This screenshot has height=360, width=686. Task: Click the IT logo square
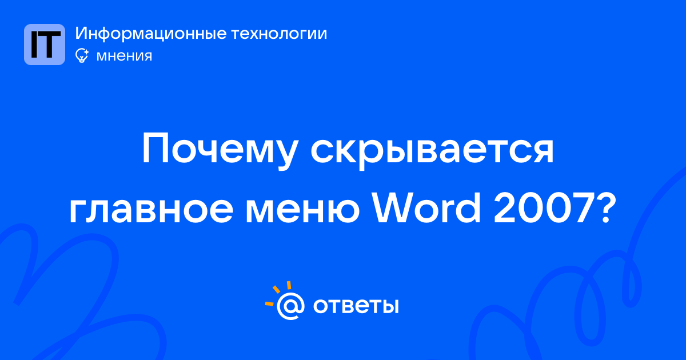tap(45, 45)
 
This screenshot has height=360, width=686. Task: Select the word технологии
tap(280, 34)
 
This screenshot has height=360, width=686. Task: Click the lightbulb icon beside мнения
tap(82, 55)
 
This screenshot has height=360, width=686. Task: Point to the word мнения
tap(124, 56)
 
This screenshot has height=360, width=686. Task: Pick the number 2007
tap(544, 208)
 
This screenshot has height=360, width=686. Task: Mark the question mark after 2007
tap(607, 208)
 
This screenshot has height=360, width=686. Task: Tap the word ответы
tap(356, 306)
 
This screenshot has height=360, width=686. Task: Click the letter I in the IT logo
tap(34, 45)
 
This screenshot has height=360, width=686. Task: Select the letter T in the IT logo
tap(50, 45)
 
